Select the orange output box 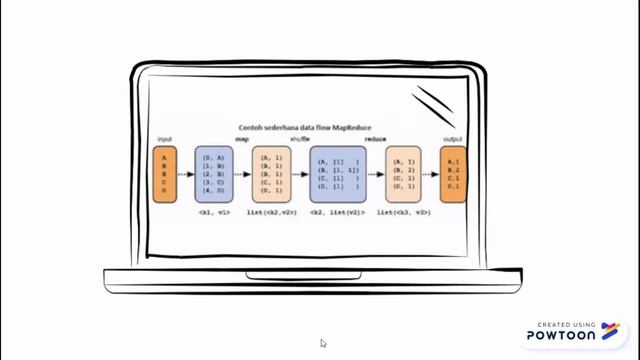453,174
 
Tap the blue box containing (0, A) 214,174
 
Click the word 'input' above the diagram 165,139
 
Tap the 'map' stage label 242,139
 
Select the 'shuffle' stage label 299,139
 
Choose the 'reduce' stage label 376,139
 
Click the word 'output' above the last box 453,139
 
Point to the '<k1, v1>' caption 214,212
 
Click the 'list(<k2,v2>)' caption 271,212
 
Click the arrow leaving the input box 186,174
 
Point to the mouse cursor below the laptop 323,343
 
